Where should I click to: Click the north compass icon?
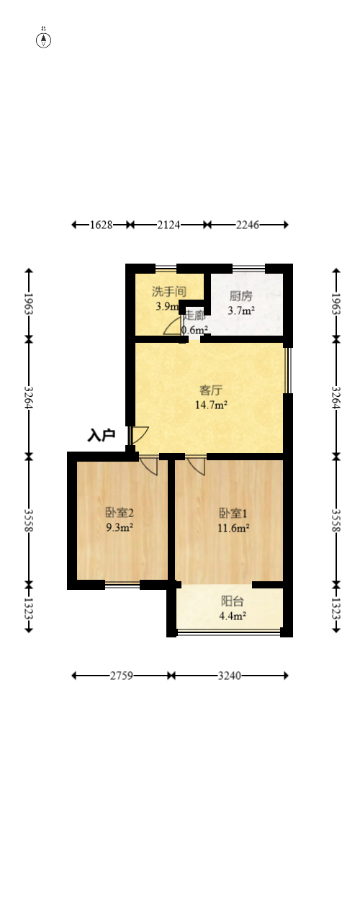coord(44,40)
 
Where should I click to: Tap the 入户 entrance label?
coord(102,435)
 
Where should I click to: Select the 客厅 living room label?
coord(210,390)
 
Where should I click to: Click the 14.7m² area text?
coord(211,405)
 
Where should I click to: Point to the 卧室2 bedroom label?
coord(120,513)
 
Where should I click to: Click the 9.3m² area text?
coord(120,527)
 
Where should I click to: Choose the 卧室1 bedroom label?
coord(234,514)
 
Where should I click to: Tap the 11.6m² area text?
coord(234,528)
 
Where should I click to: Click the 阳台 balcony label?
coord(232,601)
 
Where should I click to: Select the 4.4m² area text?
coord(233,616)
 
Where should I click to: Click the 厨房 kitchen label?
coord(241,296)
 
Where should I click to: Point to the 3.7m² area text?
coord(241,311)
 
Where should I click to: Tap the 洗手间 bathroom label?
coord(169,292)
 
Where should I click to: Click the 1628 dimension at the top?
coord(102,225)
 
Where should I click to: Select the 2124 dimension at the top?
coord(168,225)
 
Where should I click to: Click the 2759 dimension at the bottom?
coord(121,676)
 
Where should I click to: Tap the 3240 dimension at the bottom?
coord(230,676)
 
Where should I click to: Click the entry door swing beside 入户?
coord(139,435)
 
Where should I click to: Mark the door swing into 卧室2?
coord(149,465)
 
